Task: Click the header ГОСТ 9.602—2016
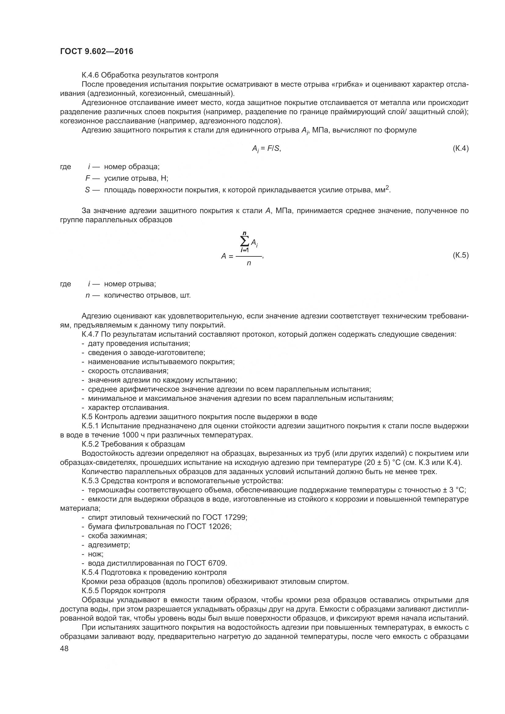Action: [96, 52]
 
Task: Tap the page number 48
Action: [64, 648]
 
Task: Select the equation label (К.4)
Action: [460, 148]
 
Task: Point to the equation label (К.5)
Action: [460, 255]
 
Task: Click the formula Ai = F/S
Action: [266, 149]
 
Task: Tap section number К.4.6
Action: [90, 75]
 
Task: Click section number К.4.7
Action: [90, 334]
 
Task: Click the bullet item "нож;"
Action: [96, 554]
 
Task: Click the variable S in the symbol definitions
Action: [87, 190]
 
